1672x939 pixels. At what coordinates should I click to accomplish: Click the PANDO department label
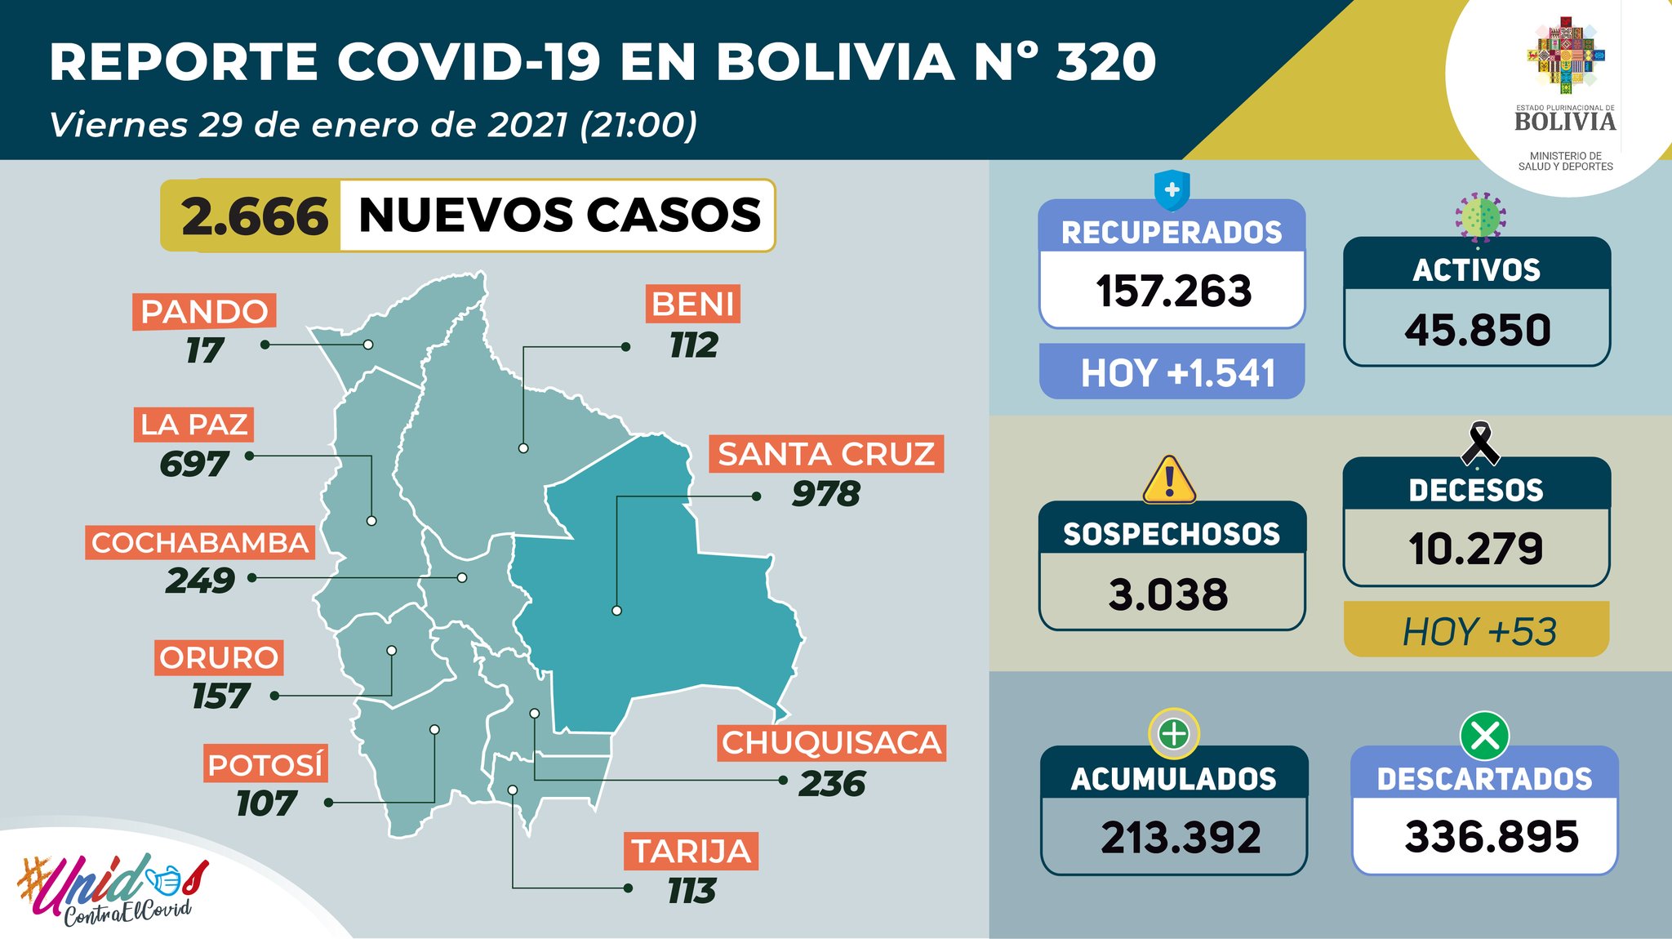point(204,312)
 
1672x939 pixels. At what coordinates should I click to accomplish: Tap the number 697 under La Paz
point(194,464)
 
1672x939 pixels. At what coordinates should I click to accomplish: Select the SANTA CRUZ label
point(826,454)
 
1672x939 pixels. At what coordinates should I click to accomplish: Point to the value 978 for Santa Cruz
point(826,494)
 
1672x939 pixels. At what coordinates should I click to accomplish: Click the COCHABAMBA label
point(200,543)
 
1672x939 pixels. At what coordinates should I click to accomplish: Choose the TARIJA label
point(691,852)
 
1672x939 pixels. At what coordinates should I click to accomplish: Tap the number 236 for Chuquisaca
point(832,784)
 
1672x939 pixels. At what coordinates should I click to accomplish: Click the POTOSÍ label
point(265,765)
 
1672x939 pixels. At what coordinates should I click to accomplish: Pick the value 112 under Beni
point(694,345)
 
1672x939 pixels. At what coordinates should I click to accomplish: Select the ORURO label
point(219,657)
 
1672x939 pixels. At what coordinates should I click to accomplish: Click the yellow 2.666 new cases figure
point(255,217)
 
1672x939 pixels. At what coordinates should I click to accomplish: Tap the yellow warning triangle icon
point(1169,481)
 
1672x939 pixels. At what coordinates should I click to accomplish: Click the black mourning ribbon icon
point(1479,444)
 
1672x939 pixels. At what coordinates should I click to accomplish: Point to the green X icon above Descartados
point(1484,736)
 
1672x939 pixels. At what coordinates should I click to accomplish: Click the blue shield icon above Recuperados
point(1172,191)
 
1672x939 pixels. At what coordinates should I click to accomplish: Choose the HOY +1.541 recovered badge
point(1173,373)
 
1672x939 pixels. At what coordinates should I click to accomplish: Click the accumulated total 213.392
point(1181,838)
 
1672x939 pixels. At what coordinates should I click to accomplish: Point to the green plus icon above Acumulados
point(1174,734)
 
